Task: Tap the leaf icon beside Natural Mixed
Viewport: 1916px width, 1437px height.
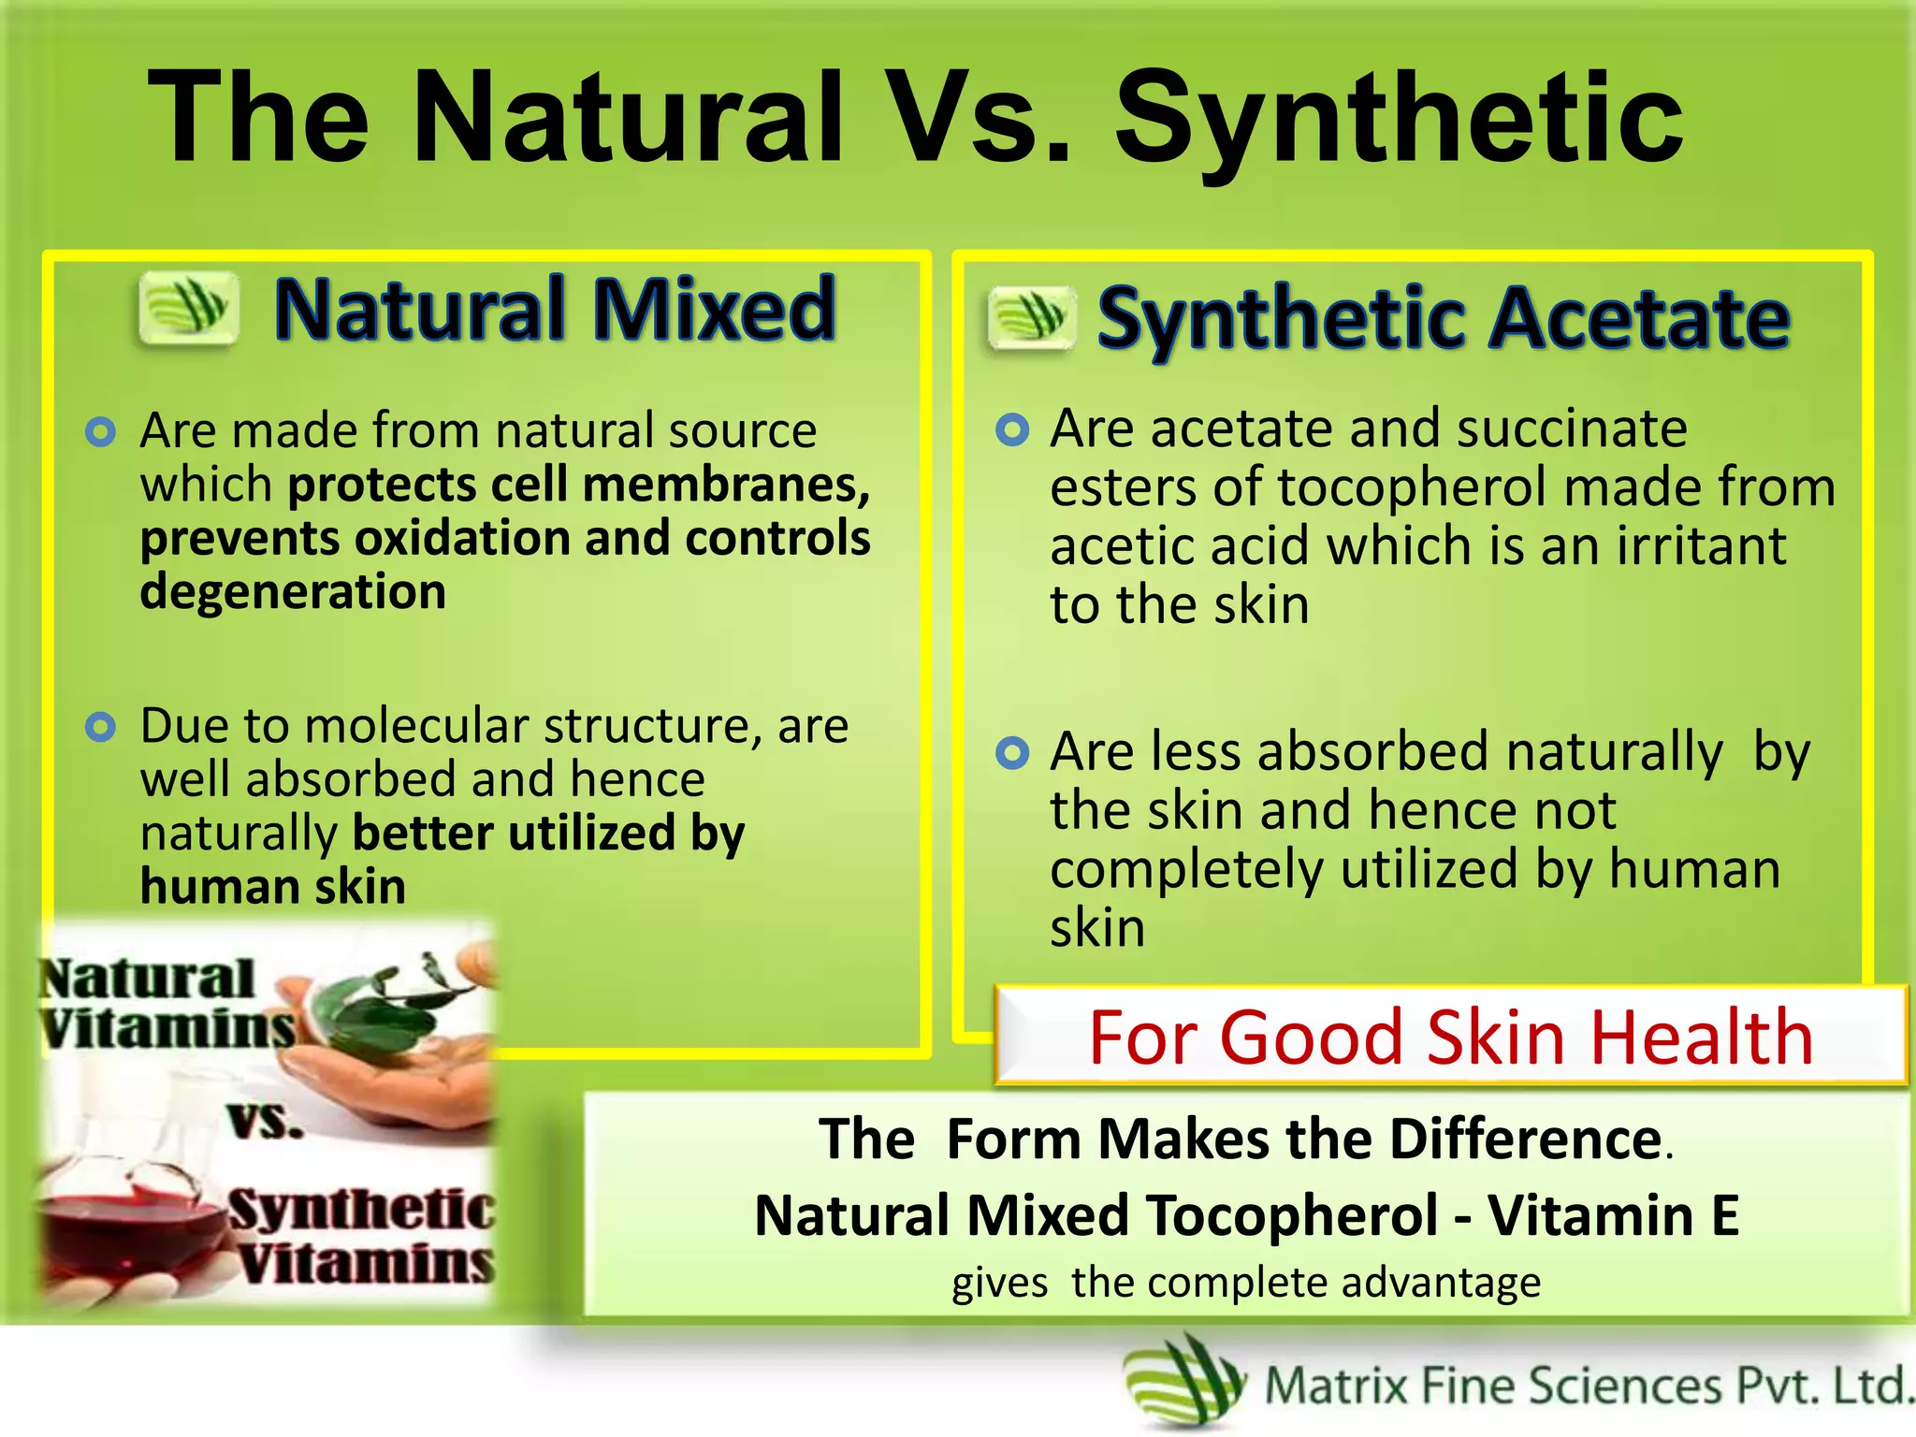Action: (x=188, y=308)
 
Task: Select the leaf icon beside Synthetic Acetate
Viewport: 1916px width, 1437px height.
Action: (x=1030, y=318)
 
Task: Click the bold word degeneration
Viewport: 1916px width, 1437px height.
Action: (x=293, y=592)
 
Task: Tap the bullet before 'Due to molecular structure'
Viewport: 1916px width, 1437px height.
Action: (x=100, y=727)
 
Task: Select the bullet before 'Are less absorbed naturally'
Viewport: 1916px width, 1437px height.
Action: (x=1011, y=752)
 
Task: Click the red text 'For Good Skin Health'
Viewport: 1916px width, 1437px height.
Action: (x=1450, y=1037)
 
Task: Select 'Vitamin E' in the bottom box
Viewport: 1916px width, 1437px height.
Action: (x=1613, y=1215)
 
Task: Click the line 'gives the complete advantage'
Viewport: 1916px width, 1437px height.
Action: (x=1245, y=1283)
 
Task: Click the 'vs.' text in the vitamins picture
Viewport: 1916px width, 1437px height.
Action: (x=266, y=1120)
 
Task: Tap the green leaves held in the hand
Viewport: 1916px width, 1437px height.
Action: (x=374, y=1010)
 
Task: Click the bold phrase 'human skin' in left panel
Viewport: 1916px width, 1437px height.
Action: (x=273, y=887)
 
